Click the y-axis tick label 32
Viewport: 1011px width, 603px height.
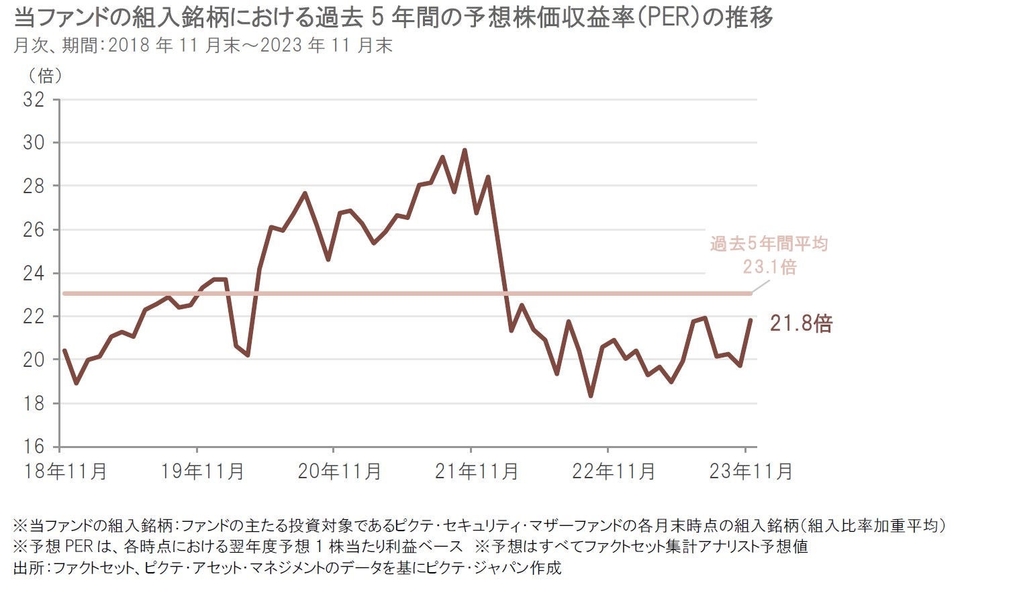[33, 100]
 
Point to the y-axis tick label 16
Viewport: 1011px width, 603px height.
[33, 447]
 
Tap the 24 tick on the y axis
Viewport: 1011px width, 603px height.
[33, 274]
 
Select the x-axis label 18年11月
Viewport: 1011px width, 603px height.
[64, 472]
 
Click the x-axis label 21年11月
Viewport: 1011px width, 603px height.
[476, 472]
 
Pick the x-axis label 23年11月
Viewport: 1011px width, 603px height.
[751, 472]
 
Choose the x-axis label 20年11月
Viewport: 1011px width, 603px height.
[339, 472]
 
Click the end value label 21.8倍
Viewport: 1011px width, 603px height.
[801, 324]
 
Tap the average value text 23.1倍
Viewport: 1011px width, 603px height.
[769, 268]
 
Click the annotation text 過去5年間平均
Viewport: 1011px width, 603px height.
[769, 244]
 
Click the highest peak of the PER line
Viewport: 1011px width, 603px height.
[465, 150]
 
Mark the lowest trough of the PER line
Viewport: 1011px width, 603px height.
[591, 396]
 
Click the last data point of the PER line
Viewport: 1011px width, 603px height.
[751, 320]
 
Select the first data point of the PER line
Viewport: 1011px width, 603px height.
[64, 350]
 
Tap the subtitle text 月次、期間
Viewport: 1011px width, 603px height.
[56, 46]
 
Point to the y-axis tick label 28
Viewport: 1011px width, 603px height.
[33, 186]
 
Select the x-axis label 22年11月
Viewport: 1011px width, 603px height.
[613, 472]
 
